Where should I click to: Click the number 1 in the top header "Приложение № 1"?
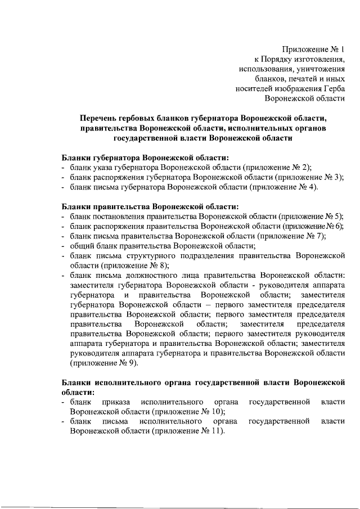click(342, 49)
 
